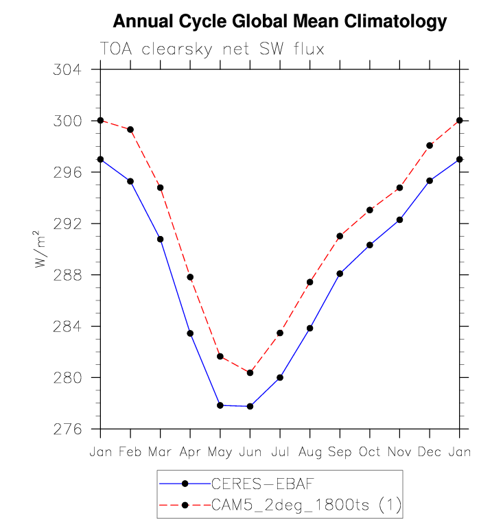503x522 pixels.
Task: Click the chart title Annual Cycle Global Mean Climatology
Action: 279,21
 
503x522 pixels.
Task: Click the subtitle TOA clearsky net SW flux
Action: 211,49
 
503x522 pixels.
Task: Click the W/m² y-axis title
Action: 43,252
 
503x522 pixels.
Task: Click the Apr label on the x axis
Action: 190,453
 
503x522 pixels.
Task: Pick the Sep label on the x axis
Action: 340,453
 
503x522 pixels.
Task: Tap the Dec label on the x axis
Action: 430,453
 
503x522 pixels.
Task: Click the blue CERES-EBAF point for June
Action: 250,406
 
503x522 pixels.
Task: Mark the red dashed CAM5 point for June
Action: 250,372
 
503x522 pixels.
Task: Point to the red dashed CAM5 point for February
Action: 130,130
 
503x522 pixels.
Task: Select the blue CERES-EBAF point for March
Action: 161,239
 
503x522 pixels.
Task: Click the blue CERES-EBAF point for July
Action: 280,377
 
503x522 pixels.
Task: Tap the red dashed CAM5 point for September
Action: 340,236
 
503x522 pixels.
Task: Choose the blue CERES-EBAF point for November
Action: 399,220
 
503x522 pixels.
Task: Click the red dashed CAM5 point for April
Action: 190,277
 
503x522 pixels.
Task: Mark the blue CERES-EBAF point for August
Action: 310,328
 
